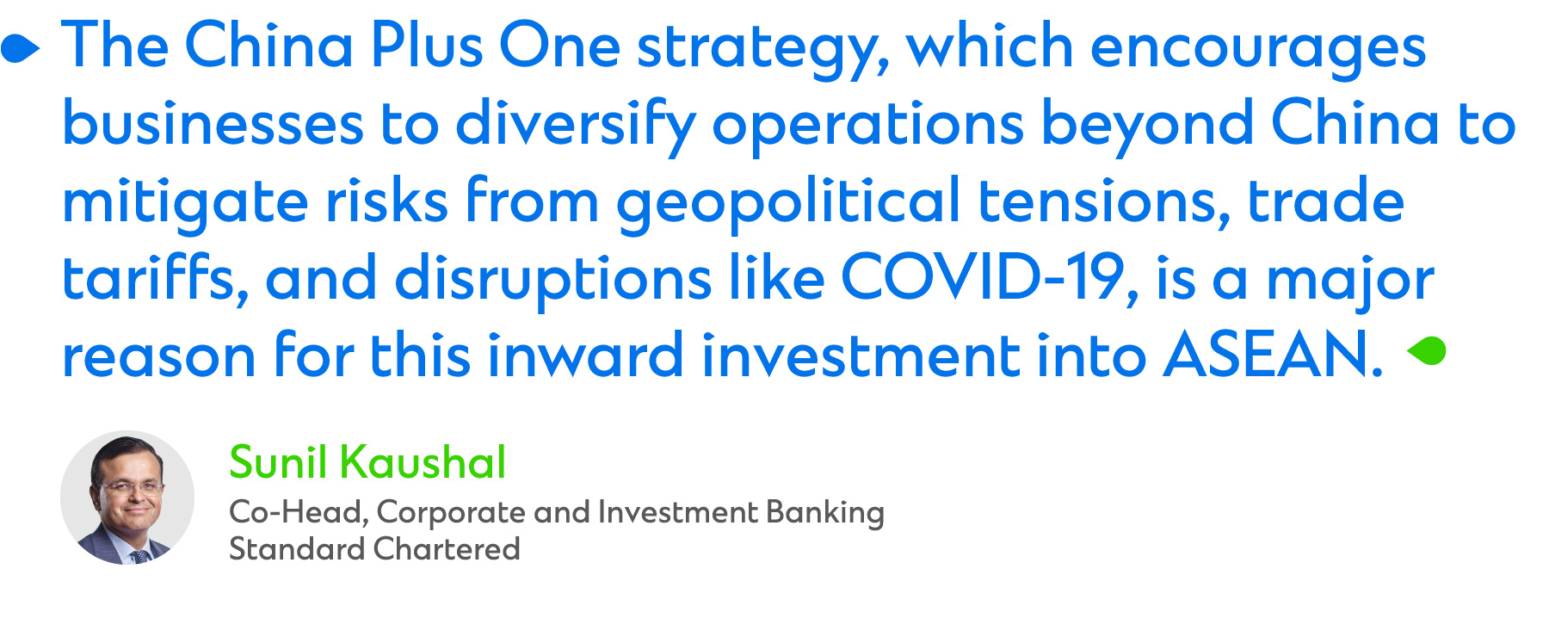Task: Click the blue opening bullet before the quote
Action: click(20, 49)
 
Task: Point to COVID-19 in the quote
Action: click(982, 278)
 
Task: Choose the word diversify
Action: click(575, 125)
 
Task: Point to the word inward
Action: click(585, 355)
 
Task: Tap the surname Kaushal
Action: click(423, 462)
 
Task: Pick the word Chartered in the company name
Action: click(447, 549)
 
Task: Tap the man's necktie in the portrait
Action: click(139, 555)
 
